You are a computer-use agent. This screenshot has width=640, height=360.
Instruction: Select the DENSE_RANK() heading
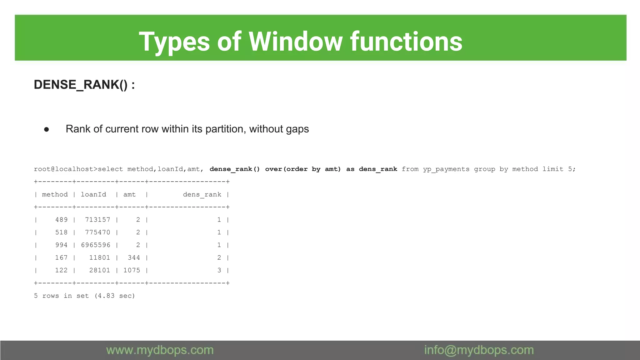(x=84, y=85)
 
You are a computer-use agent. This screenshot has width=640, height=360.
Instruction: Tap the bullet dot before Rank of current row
(x=47, y=129)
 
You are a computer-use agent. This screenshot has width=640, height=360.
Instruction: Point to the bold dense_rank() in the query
(x=234, y=169)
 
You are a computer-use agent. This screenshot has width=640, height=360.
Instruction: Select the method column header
(x=55, y=194)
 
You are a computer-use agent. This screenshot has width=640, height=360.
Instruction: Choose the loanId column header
(x=93, y=194)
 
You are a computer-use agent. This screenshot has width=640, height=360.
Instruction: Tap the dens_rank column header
(x=202, y=194)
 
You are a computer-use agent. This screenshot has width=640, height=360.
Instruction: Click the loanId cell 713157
(x=97, y=220)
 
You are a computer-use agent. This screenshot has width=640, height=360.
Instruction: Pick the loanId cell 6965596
(x=96, y=245)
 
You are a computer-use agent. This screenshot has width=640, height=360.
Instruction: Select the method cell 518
(x=61, y=232)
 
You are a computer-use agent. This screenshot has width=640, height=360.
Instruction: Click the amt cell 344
(x=134, y=257)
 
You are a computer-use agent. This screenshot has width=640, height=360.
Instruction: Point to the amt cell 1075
(x=132, y=270)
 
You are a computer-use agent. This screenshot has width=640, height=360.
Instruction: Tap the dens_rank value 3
(x=219, y=270)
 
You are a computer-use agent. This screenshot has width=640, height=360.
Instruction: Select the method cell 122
(x=61, y=270)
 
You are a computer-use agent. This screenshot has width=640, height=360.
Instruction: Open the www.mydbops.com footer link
(x=160, y=350)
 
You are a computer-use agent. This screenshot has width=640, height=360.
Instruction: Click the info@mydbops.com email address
(x=479, y=350)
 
